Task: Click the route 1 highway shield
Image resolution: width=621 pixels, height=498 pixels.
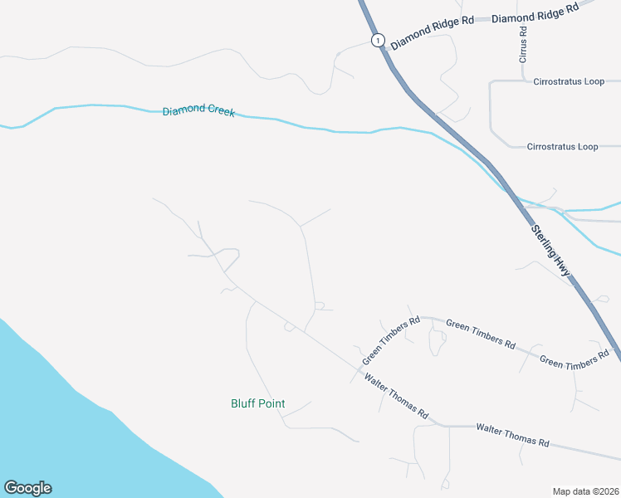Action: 378,40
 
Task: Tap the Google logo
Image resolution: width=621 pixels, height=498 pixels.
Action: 27,488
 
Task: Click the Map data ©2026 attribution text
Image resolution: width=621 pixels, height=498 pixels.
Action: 586,491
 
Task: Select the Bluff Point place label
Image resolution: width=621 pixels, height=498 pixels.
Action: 257,404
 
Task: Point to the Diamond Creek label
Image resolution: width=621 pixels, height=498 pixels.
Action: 198,111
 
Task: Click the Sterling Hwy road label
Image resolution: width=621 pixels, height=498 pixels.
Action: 551,250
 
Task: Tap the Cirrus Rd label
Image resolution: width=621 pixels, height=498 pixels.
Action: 523,46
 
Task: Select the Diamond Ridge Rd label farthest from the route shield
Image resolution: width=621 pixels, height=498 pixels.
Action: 535,14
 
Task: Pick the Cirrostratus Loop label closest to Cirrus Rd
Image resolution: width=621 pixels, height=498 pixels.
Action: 570,83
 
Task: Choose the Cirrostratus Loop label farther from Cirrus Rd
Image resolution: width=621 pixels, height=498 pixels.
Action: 562,147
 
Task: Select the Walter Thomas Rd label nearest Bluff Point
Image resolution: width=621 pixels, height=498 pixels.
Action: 396,396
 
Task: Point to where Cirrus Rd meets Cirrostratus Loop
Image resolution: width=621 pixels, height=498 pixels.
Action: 523,81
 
